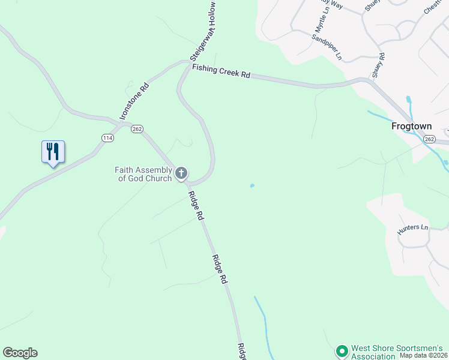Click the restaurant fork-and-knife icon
[53, 151]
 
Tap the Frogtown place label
[412, 127]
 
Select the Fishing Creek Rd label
[221, 71]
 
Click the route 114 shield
[107, 137]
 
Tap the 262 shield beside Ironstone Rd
[137, 128]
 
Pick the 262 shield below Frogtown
[429, 139]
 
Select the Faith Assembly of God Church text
[143, 174]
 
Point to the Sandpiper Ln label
[327, 46]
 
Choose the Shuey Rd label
[378, 65]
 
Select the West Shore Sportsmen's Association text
[397, 352]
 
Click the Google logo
[20, 353]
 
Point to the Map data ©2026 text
[424, 356]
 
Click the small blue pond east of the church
[252, 186]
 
